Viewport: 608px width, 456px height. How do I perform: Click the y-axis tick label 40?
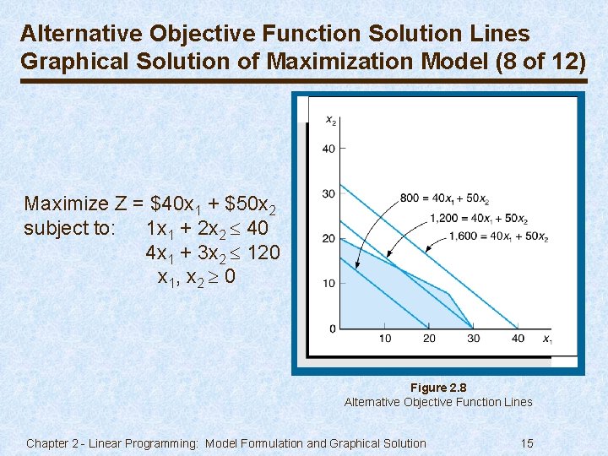click(x=328, y=149)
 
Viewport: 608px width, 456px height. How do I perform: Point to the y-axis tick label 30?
click(x=328, y=194)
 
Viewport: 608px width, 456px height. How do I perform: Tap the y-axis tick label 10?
click(x=328, y=283)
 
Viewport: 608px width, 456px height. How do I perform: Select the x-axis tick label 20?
click(x=429, y=339)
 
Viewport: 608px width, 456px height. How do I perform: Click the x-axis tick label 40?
click(x=518, y=339)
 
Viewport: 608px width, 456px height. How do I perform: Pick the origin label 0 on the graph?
click(x=332, y=328)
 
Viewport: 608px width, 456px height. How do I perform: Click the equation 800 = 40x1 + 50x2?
click(x=445, y=199)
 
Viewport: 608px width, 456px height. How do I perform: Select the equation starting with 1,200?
click(x=479, y=219)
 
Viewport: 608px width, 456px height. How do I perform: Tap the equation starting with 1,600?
click(x=499, y=237)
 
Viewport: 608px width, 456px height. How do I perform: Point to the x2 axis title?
click(x=331, y=121)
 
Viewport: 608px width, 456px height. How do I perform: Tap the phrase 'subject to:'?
click(x=70, y=228)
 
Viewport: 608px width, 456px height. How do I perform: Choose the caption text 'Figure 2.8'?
click(x=438, y=388)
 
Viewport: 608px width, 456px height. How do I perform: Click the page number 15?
click(x=527, y=443)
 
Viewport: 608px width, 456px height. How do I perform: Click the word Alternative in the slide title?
click(x=82, y=34)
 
